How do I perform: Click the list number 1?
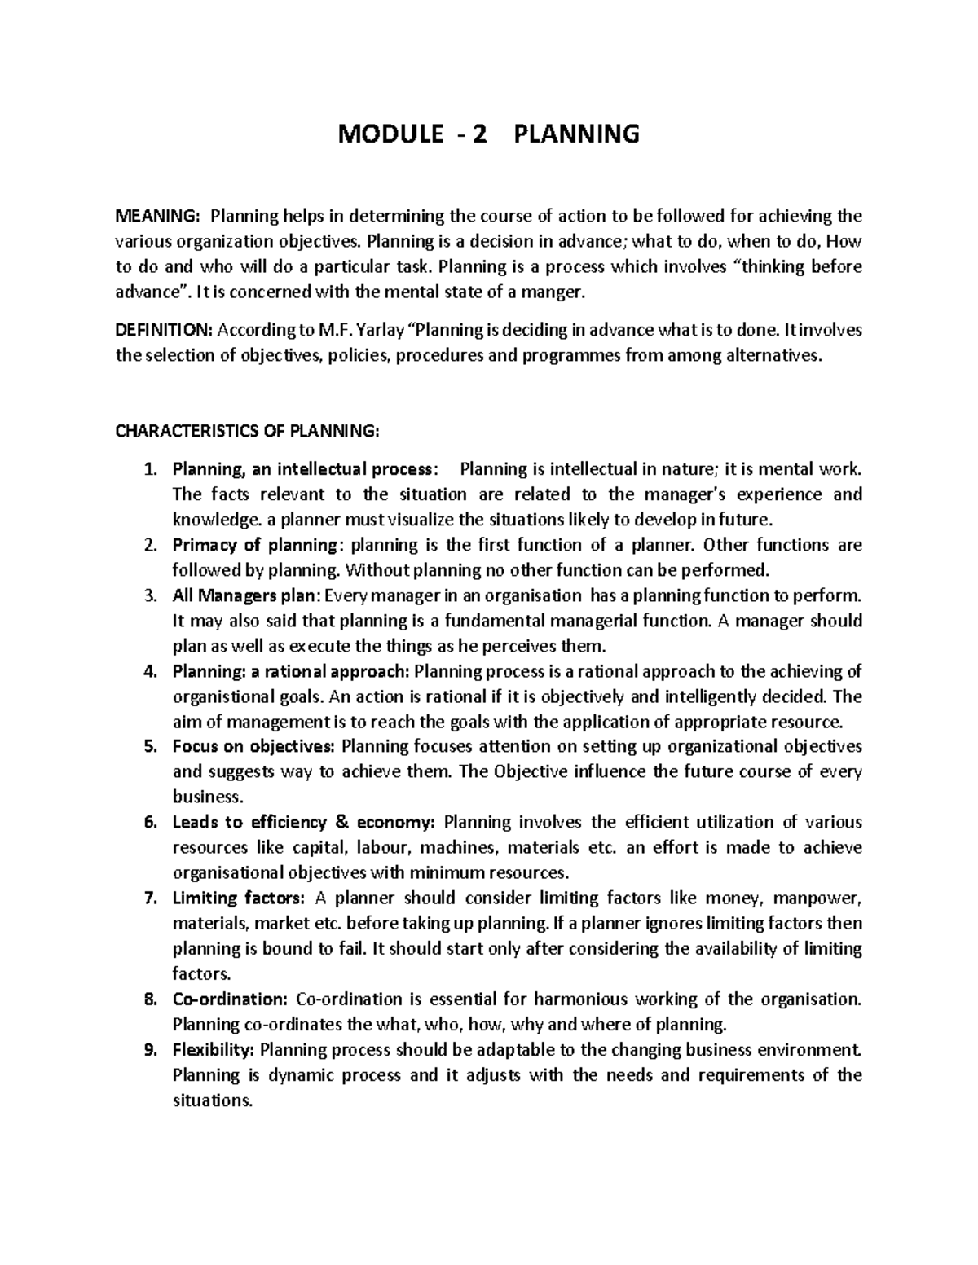(x=148, y=469)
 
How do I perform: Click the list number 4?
(x=148, y=671)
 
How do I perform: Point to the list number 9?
(x=148, y=1049)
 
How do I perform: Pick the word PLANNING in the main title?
(x=575, y=134)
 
